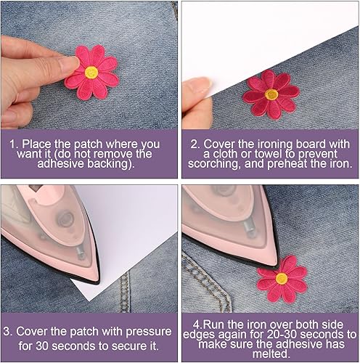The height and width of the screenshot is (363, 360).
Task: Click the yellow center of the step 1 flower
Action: click(91, 72)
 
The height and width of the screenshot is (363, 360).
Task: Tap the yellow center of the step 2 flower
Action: click(271, 94)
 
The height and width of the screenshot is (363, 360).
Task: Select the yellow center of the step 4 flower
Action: click(282, 278)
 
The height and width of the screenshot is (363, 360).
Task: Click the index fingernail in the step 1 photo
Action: click(70, 64)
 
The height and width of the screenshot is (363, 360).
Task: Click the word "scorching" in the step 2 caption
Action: click(214, 164)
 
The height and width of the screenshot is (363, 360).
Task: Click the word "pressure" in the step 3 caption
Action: click(149, 332)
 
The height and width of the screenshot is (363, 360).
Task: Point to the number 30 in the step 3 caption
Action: click(42, 346)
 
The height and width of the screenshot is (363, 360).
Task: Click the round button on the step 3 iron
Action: click(65, 219)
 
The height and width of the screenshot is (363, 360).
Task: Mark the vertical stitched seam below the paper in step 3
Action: click(125, 292)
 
